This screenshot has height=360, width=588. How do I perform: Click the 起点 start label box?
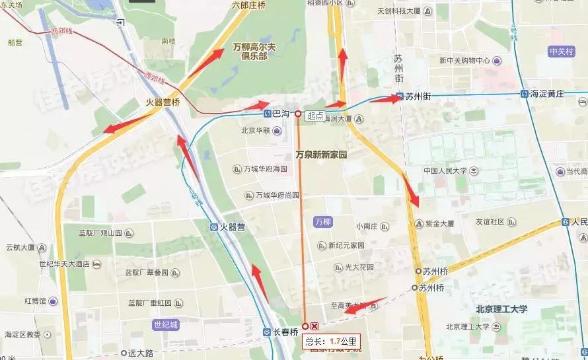(x=316, y=115)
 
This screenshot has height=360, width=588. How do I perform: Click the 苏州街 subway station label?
(x=418, y=96)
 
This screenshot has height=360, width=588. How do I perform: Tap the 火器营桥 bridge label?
(x=163, y=102)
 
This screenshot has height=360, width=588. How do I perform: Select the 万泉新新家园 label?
(x=321, y=155)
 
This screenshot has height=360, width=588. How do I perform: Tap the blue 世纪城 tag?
(x=165, y=325)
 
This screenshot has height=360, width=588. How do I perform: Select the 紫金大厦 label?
(x=439, y=224)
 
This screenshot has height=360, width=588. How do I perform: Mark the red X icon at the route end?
(x=315, y=326)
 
